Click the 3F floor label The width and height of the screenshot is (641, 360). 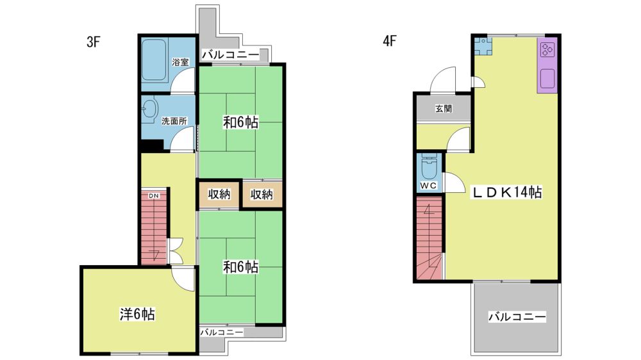click(93, 42)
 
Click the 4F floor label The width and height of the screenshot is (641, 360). click(390, 41)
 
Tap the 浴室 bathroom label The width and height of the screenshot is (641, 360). click(180, 62)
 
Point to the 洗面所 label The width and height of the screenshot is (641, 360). click(174, 121)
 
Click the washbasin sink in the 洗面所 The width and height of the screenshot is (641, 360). click(150, 110)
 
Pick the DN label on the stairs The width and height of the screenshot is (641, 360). click(154, 196)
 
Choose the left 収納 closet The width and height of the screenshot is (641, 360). click(219, 194)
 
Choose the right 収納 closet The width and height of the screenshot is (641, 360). click(262, 194)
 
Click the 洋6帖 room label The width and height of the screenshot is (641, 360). click(137, 314)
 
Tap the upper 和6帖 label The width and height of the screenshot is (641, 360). click(240, 122)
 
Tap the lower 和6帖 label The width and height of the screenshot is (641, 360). click(240, 267)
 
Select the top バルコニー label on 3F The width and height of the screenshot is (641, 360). click(231, 54)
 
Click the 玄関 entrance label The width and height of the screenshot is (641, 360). click(444, 109)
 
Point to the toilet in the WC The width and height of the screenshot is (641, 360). click(429, 167)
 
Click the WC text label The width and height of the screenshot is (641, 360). click(428, 186)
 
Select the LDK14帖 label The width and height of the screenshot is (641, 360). click(507, 192)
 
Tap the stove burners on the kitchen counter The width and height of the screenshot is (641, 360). click(547, 50)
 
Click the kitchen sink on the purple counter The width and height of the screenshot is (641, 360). click(547, 78)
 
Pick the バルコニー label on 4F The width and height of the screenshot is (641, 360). click(517, 316)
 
